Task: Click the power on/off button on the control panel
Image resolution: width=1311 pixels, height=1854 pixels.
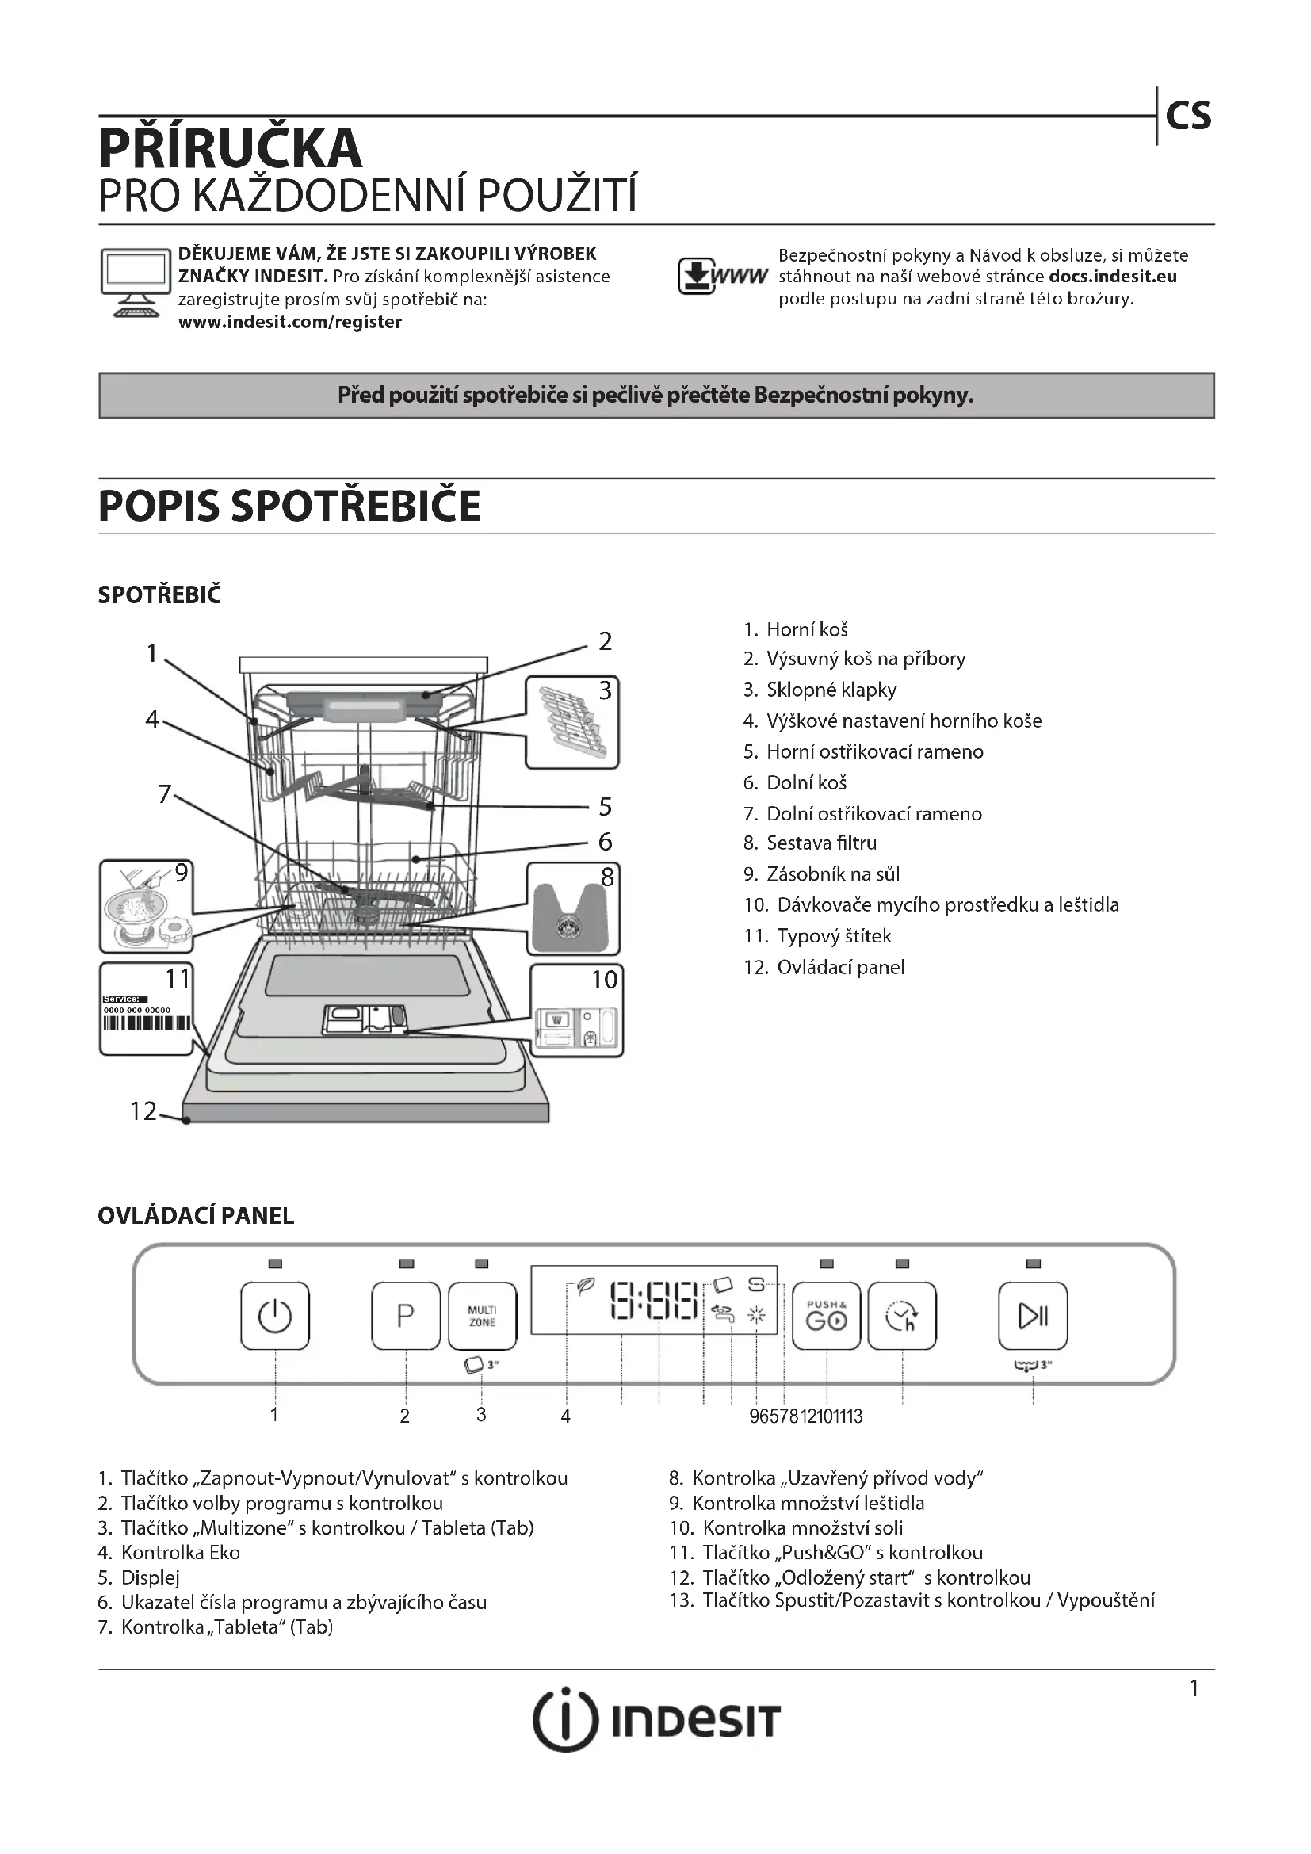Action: click(x=274, y=1316)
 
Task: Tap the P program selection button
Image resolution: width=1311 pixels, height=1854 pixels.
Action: click(x=405, y=1316)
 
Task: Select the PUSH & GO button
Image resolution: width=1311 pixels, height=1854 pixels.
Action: click(x=826, y=1316)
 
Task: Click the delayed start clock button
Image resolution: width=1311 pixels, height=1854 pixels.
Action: click(x=902, y=1316)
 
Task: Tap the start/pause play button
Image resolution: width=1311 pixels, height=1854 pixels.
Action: click(x=1033, y=1316)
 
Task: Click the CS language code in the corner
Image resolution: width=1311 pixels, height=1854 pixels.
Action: click(x=1188, y=117)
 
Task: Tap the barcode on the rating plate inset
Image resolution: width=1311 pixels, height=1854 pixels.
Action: click(x=147, y=1023)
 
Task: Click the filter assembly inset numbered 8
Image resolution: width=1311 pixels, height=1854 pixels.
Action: click(x=572, y=908)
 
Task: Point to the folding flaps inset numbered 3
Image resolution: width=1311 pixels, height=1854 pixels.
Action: click(x=571, y=722)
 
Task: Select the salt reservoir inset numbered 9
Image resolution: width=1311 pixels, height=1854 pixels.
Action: click(x=146, y=906)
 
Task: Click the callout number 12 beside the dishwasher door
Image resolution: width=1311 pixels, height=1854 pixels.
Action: click(x=143, y=1111)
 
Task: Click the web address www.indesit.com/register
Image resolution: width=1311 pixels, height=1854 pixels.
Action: click(x=290, y=322)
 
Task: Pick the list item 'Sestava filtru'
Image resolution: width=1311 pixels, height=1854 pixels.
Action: click(x=821, y=843)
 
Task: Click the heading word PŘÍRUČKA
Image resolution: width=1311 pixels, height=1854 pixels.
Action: click(x=230, y=147)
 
